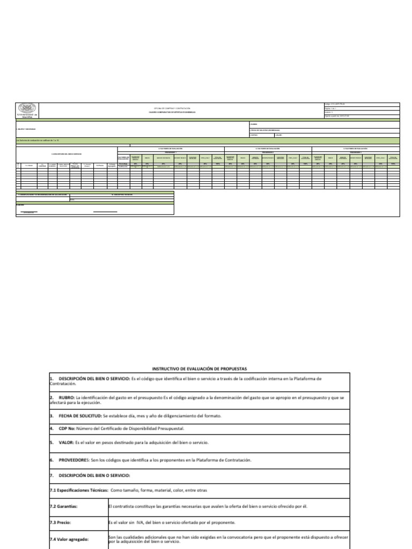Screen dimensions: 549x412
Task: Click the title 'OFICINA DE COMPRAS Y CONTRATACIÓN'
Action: click(x=172, y=108)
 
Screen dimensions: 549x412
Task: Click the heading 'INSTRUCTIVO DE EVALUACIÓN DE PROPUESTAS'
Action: click(x=199, y=369)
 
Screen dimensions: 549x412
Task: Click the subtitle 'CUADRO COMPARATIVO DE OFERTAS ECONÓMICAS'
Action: click(x=172, y=113)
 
